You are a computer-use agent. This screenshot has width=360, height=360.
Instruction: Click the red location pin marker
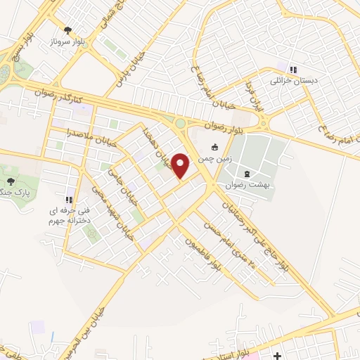point(181,166)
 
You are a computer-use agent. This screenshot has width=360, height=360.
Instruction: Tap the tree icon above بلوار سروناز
point(67,30)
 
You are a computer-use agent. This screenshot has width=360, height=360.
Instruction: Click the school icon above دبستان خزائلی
point(292,70)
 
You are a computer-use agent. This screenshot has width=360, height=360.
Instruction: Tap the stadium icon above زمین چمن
point(215,148)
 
